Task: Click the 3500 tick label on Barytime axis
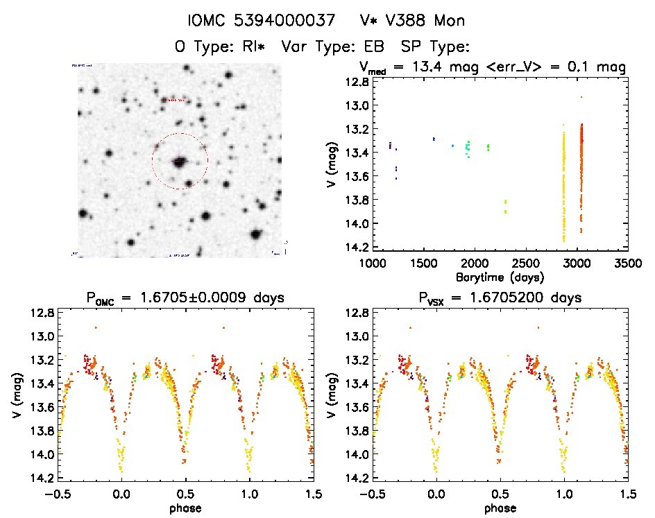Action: (628, 264)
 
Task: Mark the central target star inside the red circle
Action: (179, 162)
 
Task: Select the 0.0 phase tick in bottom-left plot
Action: (121, 495)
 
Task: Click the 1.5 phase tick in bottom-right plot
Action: (627, 495)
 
